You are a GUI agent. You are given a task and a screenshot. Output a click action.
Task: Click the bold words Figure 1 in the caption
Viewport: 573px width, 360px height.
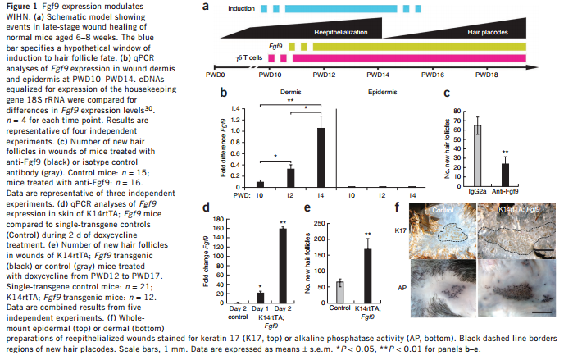pyautogui.click(x=19, y=6)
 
